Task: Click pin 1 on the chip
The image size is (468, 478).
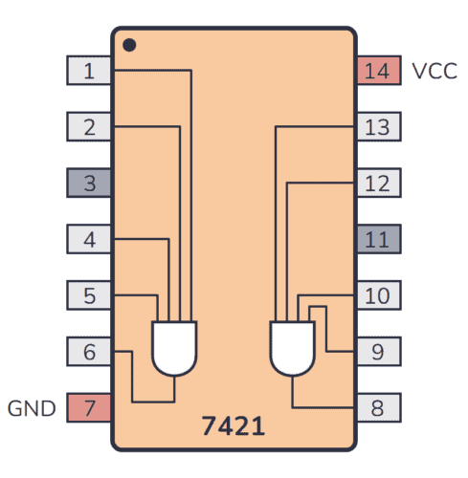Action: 89,70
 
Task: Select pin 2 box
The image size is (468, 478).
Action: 89,126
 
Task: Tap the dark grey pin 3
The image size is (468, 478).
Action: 89,183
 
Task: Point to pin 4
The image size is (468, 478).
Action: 89,239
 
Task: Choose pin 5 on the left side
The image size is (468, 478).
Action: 89,295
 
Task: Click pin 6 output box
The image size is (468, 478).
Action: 89,352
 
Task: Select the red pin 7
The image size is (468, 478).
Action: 89,408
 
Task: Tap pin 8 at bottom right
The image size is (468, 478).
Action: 378,408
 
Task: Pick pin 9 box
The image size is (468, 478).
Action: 378,352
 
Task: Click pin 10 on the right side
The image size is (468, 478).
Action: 378,295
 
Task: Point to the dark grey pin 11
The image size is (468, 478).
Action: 378,239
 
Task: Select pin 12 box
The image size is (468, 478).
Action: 378,183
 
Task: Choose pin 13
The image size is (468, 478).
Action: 378,126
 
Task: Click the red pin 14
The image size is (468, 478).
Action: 378,70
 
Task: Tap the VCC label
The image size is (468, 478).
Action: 435,71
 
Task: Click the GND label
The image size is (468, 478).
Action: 33,409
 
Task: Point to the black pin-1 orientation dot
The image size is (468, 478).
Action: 129,44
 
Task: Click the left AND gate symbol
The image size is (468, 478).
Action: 175,346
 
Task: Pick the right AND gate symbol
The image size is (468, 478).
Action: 293,346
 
